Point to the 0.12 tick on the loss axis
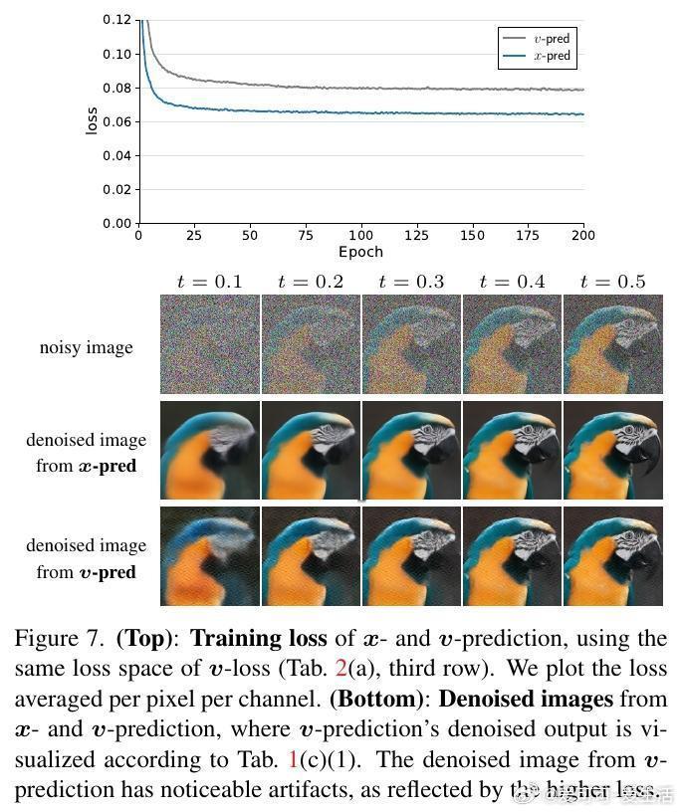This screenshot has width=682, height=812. click(x=117, y=20)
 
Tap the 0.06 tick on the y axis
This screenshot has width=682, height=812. click(x=117, y=121)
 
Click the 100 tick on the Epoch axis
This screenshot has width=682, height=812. click(x=360, y=236)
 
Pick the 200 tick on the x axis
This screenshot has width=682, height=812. click(x=583, y=236)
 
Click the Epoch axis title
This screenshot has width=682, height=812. click(x=360, y=252)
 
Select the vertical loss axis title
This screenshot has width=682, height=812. click(x=92, y=120)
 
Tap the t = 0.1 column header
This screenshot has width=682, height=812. click(x=209, y=282)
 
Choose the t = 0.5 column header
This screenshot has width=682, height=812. click(x=612, y=282)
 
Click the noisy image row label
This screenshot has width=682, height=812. click(x=86, y=347)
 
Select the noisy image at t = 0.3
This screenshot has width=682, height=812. click(x=411, y=344)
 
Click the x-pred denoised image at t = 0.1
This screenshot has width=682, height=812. click(x=209, y=450)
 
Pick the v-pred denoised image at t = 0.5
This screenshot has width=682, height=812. click(x=612, y=555)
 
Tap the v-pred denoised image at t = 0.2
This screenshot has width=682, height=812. click(x=310, y=555)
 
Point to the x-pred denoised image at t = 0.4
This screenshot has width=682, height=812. click(x=512, y=450)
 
